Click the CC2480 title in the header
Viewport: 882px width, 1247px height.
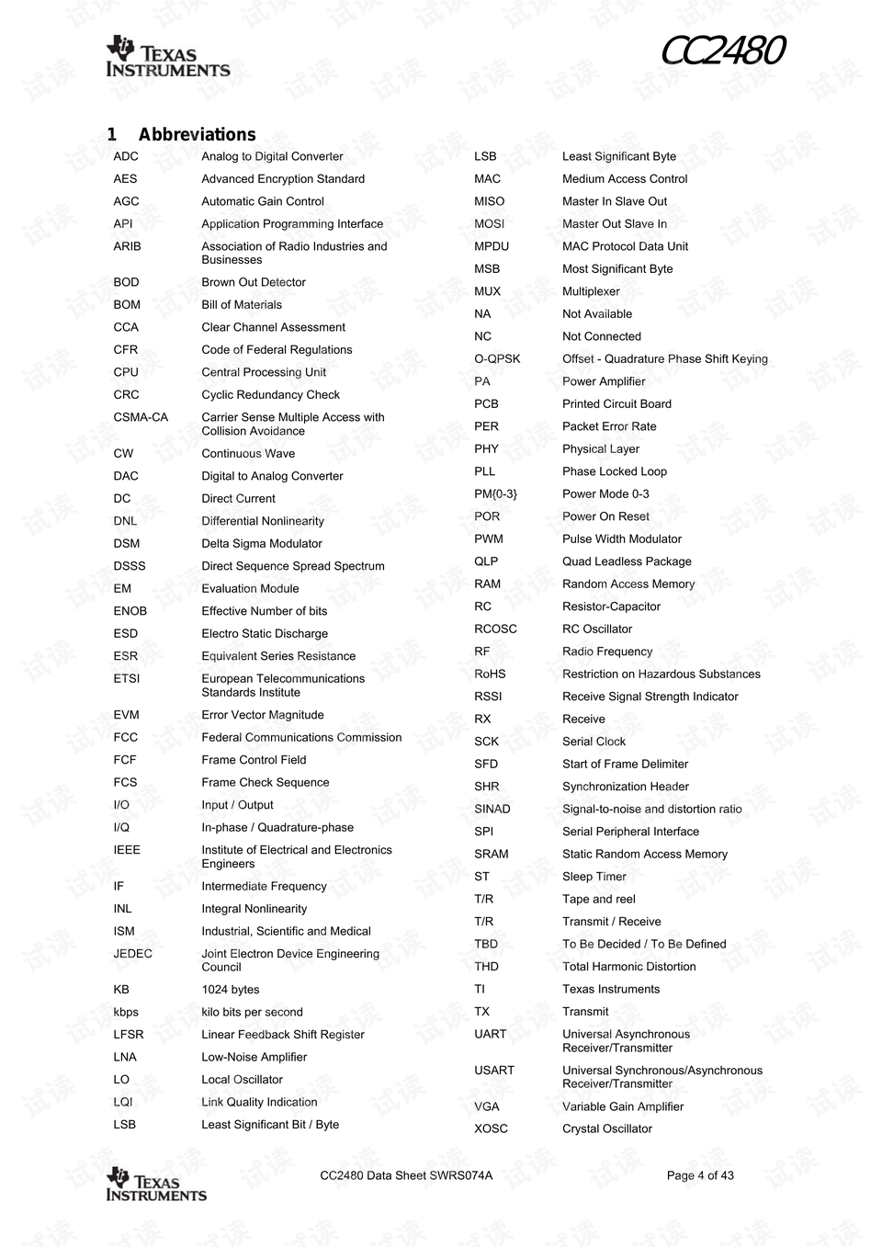coord(722,51)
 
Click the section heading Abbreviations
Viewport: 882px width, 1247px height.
coord(197,134)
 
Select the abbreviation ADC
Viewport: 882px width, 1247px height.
coord(126,156)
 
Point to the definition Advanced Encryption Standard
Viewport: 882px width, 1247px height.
coord(283,179)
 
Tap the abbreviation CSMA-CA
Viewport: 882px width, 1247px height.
coord(141,417)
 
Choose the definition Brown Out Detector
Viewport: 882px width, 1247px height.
coord(254,282)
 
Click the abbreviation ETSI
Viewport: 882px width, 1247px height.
coord(127,678)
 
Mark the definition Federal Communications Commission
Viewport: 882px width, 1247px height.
coord(301,737)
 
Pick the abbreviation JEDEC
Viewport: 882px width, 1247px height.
coord(133,953)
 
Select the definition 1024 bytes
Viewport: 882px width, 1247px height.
coord(231,990)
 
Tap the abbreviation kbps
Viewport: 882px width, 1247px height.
coord(126,1012)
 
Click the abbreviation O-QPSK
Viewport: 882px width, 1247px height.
coord(497,358)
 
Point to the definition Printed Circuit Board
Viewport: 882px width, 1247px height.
coord(616,403)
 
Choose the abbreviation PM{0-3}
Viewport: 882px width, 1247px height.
coord(495,493)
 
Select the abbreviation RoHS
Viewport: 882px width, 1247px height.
coord(490,674)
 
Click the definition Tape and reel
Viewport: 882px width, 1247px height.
coord(599,899)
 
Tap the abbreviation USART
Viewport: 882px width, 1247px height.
coord(494,1070)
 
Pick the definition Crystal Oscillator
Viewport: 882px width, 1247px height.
coord(607,1128)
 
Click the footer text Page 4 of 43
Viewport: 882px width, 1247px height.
coord(700,1175)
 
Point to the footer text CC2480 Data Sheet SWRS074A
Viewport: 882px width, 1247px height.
coord(406,1175)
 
